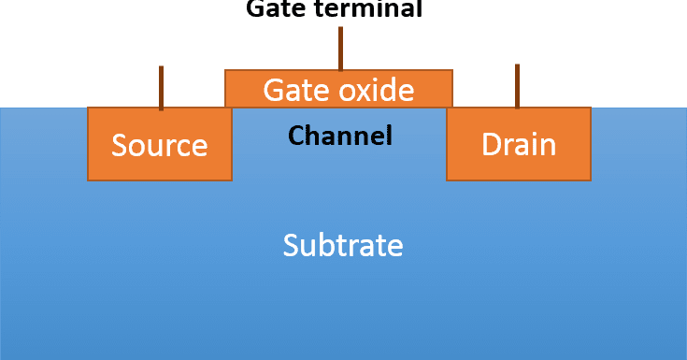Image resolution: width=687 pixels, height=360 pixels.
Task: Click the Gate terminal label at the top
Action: coord(334,9)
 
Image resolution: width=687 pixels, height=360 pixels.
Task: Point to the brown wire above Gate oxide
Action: coord(340,48)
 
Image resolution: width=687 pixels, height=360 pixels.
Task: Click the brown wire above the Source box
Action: coord(161,87)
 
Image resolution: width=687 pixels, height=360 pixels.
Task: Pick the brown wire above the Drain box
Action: coord(517,86)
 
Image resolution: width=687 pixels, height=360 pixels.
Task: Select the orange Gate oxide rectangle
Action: coord(338,89)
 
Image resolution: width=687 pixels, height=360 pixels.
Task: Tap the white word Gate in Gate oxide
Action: coord(292,90)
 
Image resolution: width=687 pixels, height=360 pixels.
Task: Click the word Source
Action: coord(159,145)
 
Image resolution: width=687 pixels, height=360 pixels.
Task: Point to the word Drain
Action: coord(518,145)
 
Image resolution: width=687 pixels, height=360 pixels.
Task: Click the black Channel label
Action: coord(339,136)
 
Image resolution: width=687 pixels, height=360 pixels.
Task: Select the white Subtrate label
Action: coord(343,245)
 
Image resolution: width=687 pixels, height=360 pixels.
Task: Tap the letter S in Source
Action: coord(119,145)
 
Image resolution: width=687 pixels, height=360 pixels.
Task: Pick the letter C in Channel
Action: coord(296,136)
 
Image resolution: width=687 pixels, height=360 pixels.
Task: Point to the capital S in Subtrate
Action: coord(291,245)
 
